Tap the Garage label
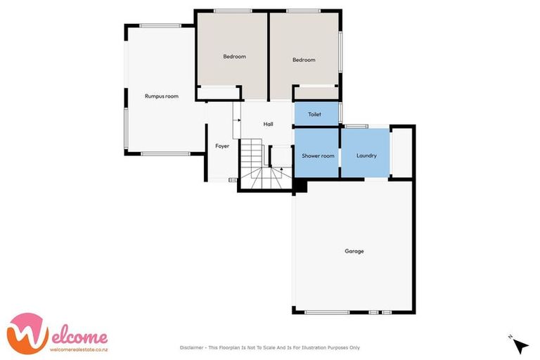pos(354,251)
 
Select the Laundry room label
pos(366,155)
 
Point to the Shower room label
pos(318,155)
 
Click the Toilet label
pos(314,114)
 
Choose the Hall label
pos(268,124)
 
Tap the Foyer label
pos(222,146)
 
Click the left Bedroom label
pos(234,56)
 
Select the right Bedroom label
pos(304,60)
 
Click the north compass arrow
pos(520,345)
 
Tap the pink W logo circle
pos(27,333)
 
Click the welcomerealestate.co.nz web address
pos(78,349)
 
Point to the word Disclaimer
pos(193,347)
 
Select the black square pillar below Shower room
pos(300,185)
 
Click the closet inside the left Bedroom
pos(219,92)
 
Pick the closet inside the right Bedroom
pos(316,92)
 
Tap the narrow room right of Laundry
pos(401,150)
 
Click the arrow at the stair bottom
pos(281,168)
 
